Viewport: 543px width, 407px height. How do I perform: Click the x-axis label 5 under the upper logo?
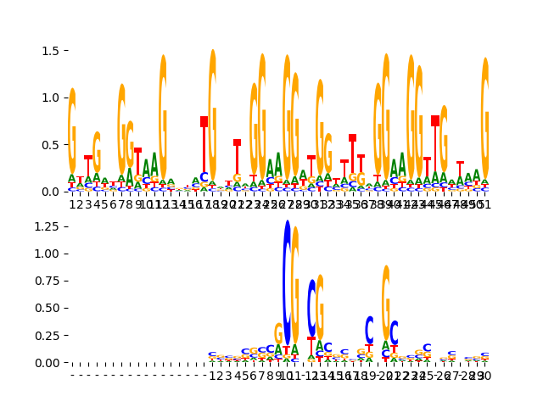(104, 204)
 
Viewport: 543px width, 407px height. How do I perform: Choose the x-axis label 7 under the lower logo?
(261, 376)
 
